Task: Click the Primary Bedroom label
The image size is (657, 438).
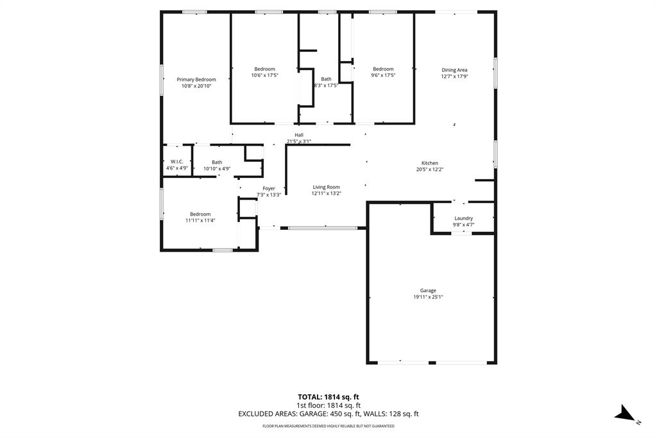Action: [x=196, y=80]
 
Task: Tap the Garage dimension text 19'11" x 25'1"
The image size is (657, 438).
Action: [x=428, y=297]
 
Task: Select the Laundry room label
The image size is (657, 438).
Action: [x=463, y=218]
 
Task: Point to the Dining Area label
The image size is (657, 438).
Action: [x=454, y=70]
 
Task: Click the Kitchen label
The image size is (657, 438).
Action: [x=430, y=163]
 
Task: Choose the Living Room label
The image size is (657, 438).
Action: [x=326, y=187]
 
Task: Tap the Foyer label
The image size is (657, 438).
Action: [x=269, y=188]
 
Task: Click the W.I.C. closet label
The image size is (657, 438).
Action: [x=177, y=161]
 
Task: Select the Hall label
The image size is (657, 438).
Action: [x=299, y=134]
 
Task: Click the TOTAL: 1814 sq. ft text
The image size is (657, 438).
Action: [x=328, y=396]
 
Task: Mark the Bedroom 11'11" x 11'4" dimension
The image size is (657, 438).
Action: [x=200, y=220]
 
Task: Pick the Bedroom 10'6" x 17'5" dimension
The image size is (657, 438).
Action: [x=264, y=75]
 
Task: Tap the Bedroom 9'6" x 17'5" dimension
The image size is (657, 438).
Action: [x=383, y=75]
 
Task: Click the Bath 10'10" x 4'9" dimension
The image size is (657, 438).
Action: [x=217, y=168]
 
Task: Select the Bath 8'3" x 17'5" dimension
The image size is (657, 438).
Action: [x=326, y=85]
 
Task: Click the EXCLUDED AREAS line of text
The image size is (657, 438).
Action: [x=328, y=414]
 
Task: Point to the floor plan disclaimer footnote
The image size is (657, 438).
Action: [x=328, y=426]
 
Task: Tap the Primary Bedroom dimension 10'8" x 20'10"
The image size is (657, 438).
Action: [x=196, y=85]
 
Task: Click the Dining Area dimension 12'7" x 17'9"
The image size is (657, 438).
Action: [x=454, y=76]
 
